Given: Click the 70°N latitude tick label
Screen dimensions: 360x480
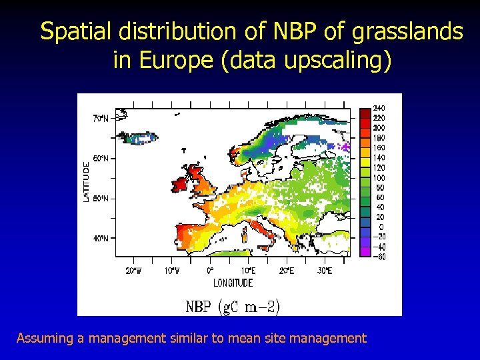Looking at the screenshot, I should click(99, 118).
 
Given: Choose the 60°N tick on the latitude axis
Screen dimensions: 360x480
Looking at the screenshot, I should click(99, 159).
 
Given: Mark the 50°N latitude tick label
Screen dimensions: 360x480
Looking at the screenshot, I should click(99, 199).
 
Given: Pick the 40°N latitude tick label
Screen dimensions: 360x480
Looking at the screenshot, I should click(99, 239).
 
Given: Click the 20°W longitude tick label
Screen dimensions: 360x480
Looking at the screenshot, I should click(133, 270).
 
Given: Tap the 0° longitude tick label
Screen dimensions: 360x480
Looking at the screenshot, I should click(210, 270).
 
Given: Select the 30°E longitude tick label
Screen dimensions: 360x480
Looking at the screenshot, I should click(324, 270).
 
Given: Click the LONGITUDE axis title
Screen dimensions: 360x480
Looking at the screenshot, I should click(233, 283).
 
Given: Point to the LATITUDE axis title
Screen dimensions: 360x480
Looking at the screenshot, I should click(85, 180).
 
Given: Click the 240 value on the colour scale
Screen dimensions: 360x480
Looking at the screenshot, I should click(378, 108).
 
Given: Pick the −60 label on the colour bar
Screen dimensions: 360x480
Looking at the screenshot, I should click(377, 256).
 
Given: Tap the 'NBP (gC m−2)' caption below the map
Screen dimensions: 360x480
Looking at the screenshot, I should click(233, 307).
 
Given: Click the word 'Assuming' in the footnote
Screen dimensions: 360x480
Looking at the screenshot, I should click(45, 338).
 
